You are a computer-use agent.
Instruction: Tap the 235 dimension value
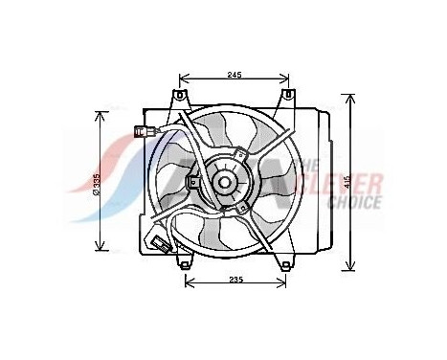(235, 279)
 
